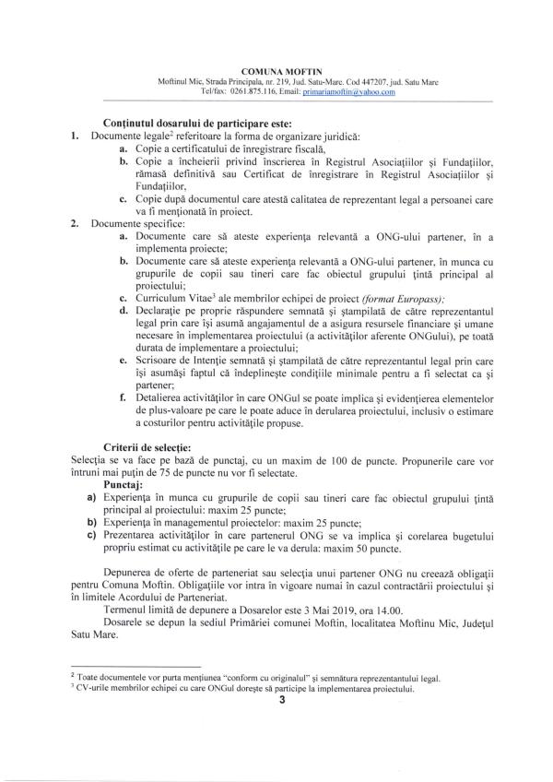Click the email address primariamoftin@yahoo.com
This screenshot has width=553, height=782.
coord(352,91)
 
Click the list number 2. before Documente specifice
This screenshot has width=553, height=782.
coord(75,223)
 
